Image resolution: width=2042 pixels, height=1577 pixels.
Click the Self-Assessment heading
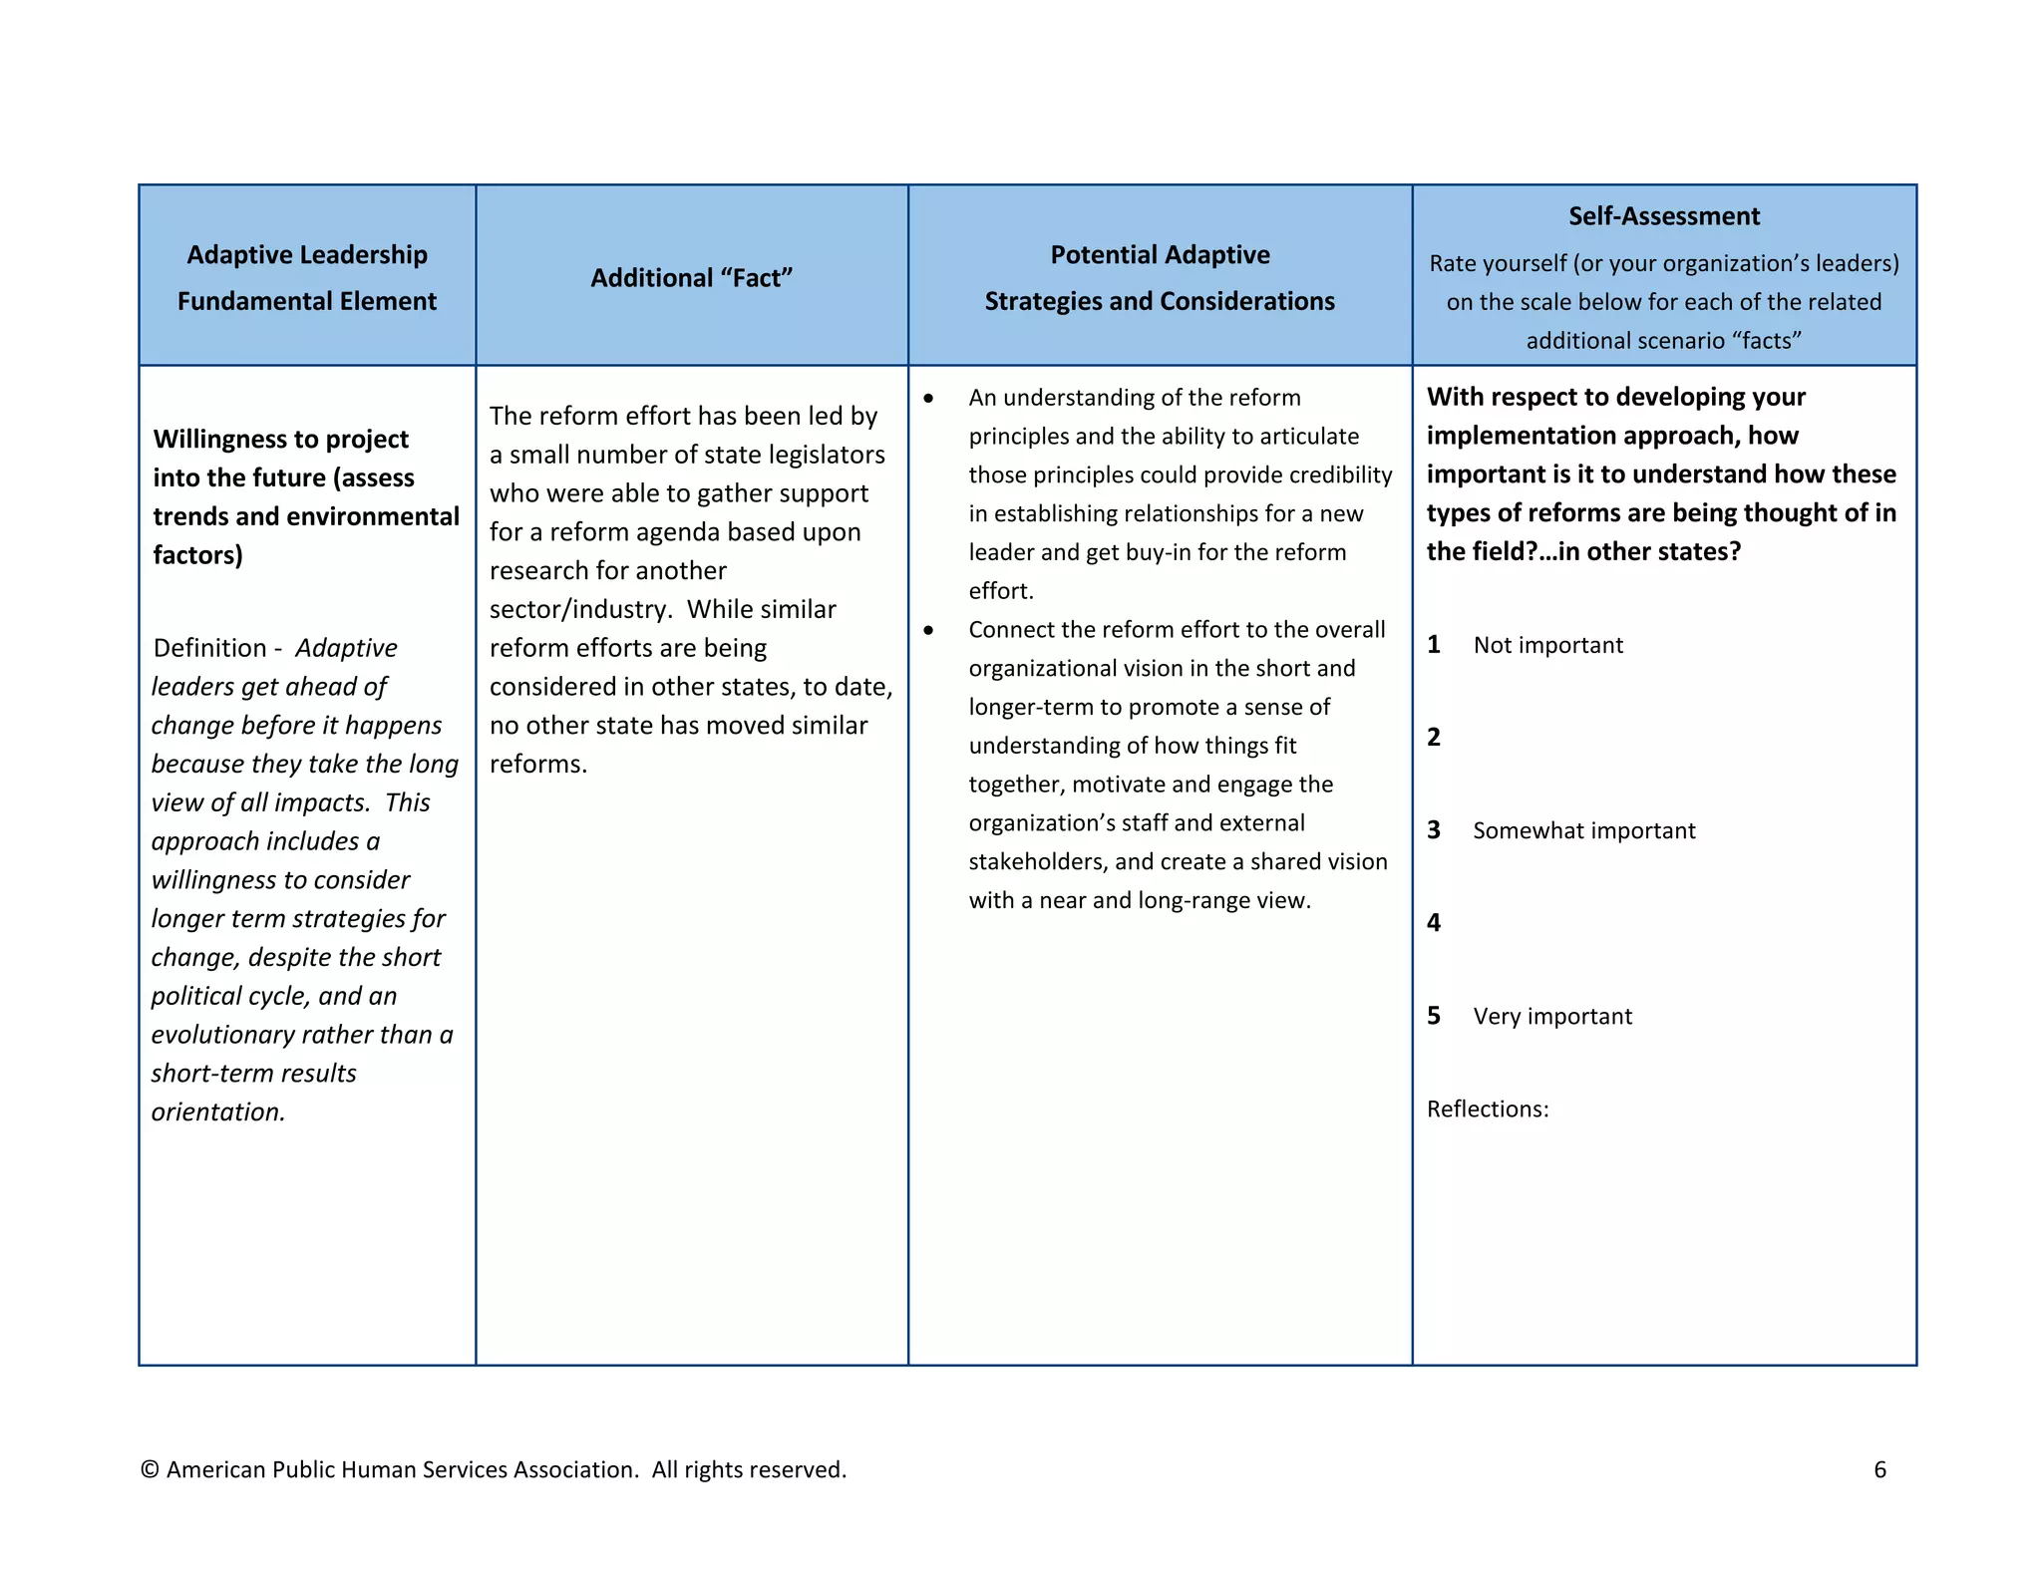click(x=1663, y=216)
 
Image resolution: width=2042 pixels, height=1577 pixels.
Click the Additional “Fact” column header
click(x=691, y=278)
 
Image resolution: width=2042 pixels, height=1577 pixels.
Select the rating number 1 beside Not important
click(x=1434, y=645)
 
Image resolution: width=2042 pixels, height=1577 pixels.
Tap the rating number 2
click(x=1434, y=738)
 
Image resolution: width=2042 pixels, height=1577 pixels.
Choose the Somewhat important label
click(x=1583, y=830)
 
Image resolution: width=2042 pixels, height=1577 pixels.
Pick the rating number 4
click(x=1434, y=923)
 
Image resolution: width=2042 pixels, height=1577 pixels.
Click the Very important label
click(x=1551, y=1016)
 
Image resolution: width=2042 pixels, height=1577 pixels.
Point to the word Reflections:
click(x=1487, y=1108)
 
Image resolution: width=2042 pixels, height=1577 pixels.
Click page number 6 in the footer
click(x=1879, y=1469)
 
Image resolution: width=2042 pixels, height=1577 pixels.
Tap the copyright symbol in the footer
click(x=150, y=1469)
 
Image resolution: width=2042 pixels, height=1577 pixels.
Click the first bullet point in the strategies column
click(x=928, y=398)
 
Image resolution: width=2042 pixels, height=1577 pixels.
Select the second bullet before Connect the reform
click(x=928, y=630)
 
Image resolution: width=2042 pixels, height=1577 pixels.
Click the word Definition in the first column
click(x=209, y=648)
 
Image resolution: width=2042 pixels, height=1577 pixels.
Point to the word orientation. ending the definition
click(x=218, y=1111)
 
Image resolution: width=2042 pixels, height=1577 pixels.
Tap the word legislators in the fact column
click(x=823, y=455)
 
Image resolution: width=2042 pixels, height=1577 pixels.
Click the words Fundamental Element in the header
click(x=306, y=301)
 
